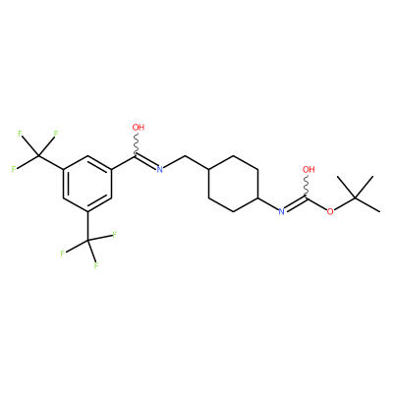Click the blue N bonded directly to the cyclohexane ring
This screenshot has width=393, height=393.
[x=281, y=212]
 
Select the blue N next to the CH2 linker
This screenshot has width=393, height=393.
[x=159, y=169]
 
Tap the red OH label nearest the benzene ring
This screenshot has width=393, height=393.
[x=139, y=127]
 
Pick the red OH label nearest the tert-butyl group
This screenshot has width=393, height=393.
[x=309, y=169]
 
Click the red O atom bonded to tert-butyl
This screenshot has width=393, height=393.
[x=330, y=211]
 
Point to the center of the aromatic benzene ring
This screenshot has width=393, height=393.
[x=87, y=184]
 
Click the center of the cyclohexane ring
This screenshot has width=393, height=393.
[x=234, y=184]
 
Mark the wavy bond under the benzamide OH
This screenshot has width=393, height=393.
[x=137, y=143]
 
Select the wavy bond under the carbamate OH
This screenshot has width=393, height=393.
[x=307, y=186]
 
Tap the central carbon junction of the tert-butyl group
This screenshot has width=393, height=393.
[x=355, y=197]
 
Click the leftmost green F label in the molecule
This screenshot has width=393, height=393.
[x=14, y=169]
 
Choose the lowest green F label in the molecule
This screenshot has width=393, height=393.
[x=96, y=265]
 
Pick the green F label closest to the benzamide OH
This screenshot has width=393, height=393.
[x=56, y=134]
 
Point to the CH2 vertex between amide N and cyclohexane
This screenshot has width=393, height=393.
[x=185, y=155]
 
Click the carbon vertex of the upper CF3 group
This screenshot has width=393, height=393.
[x=38, y=155]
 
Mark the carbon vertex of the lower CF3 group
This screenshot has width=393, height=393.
[x=87, y=241]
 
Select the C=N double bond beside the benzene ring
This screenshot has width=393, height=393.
[x=146, y=162]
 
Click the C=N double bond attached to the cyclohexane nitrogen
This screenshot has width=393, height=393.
[x=295, y=203]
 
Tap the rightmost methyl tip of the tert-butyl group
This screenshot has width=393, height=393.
[x=379, y=211]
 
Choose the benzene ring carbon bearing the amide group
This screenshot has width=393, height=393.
[x=112, y=169]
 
